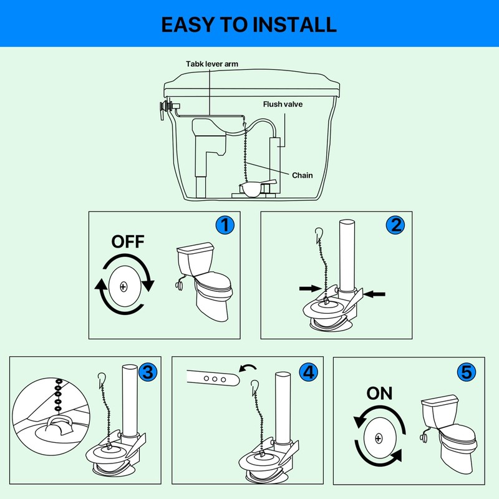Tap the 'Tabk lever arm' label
(212, 64)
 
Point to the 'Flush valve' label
(283, 104)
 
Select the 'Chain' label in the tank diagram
(303, 175)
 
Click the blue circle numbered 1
(225, 225)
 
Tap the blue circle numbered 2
(395, 225)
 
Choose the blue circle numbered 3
(148, 372)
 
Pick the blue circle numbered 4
(309, 372)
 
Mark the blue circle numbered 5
(467, 372)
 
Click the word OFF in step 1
(128, 241)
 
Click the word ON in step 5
(379, 394)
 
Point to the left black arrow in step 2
(310, 288)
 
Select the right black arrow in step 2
(374, 294)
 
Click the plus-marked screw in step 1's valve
(124, 287)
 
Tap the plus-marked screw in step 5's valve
(379, 438)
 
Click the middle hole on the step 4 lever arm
(215, 379)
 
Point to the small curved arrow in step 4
(248, 368)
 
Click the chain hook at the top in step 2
(319, 233)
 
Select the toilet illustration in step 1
(204, 281)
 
